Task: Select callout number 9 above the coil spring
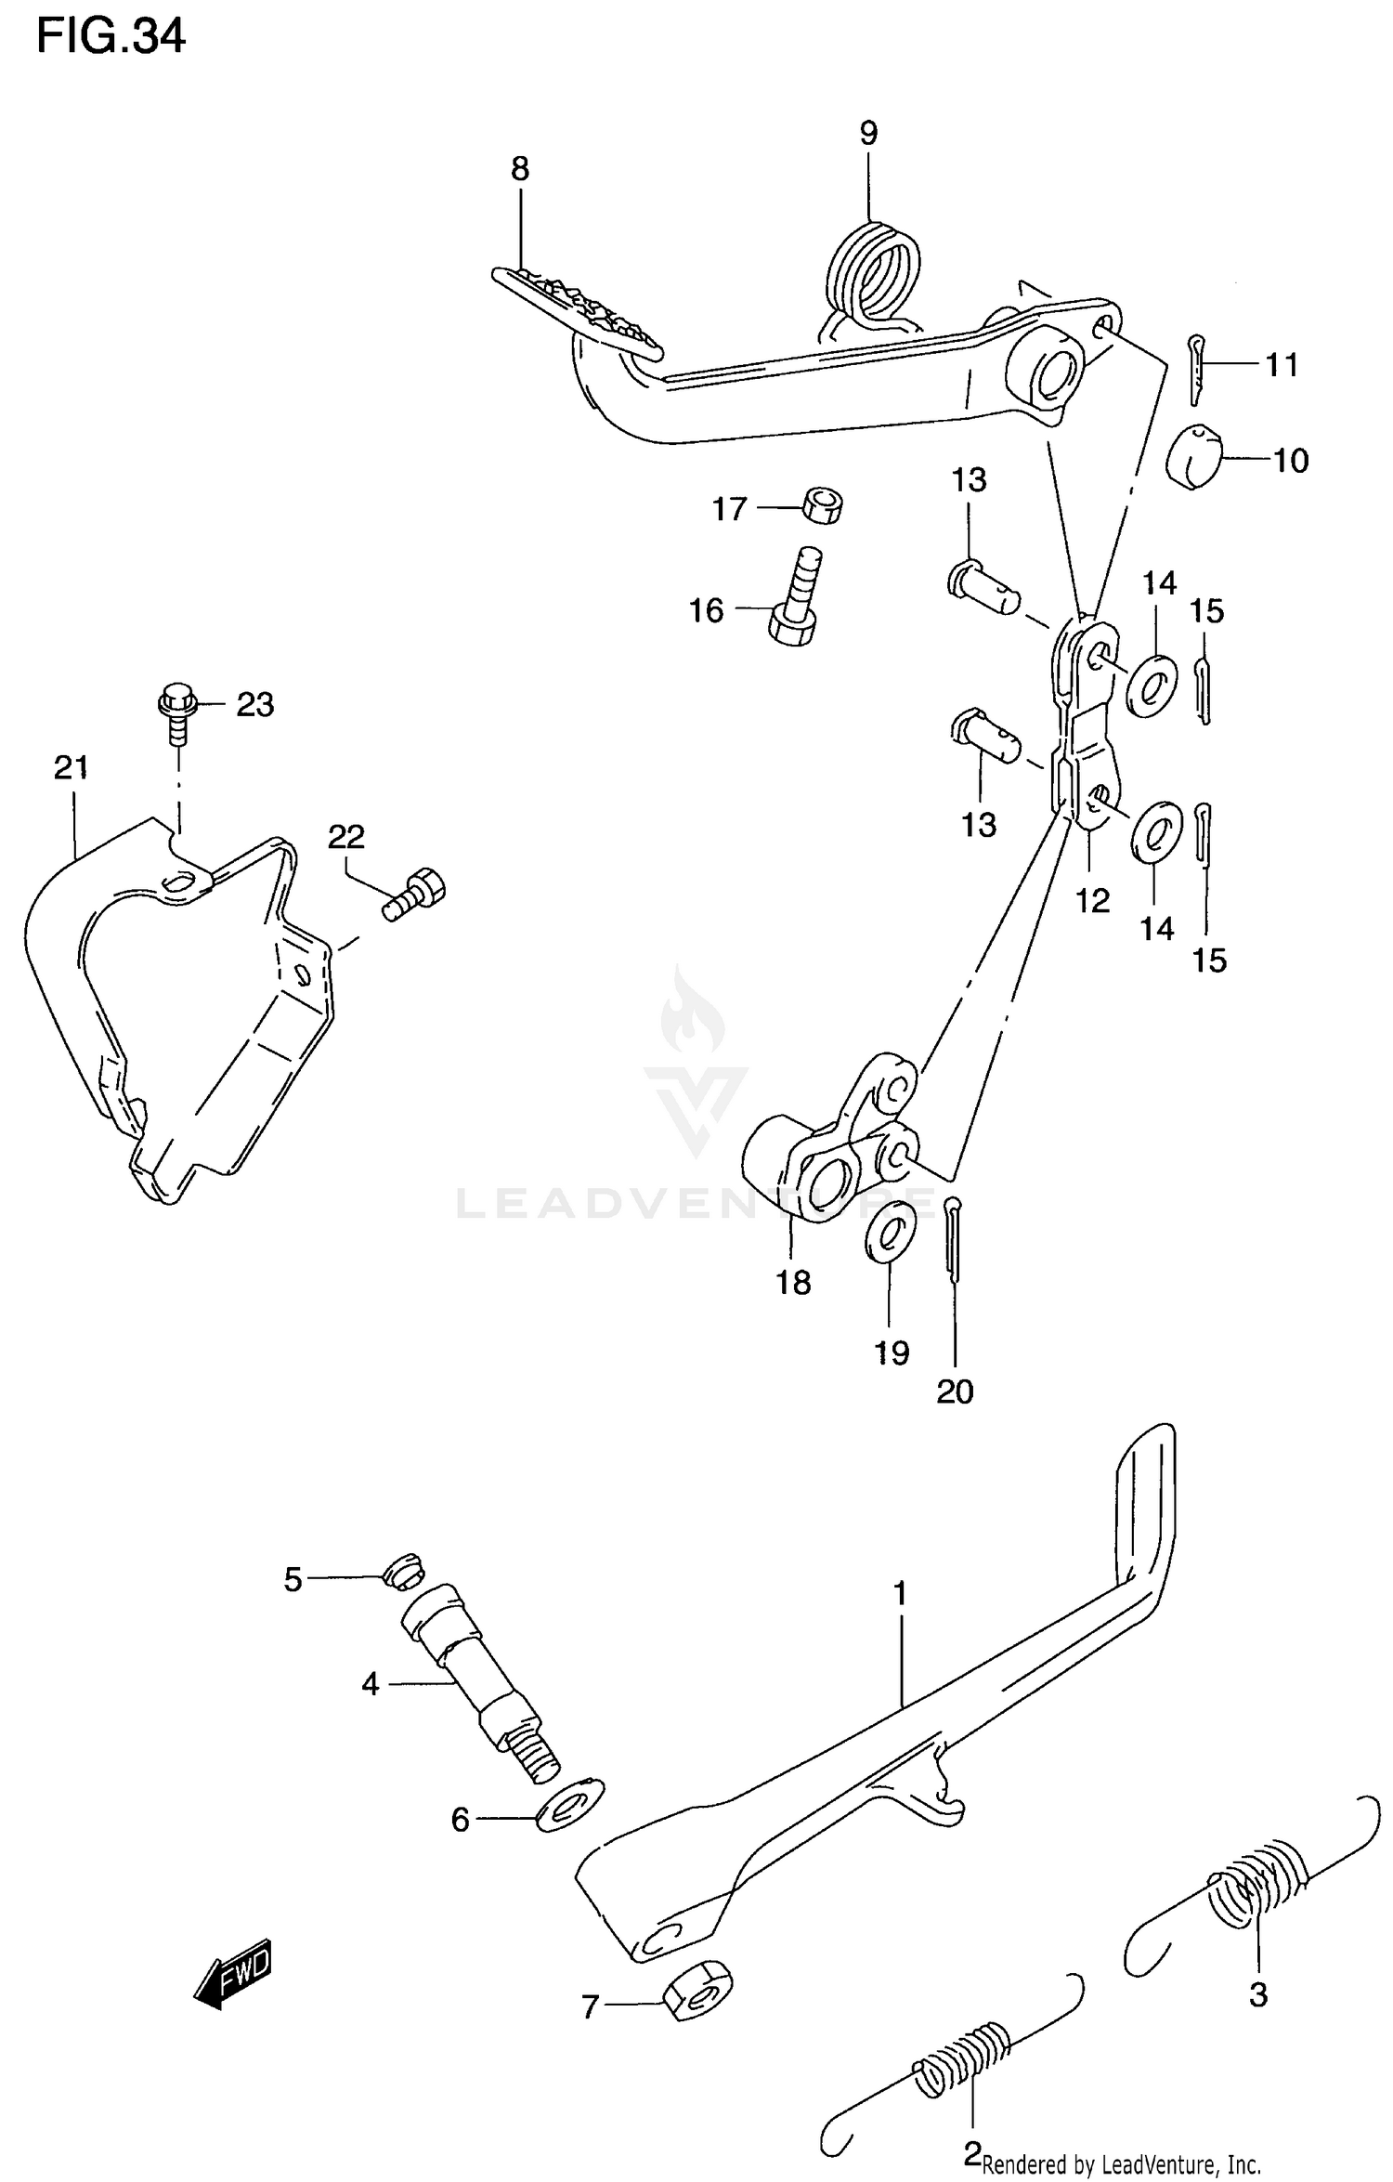[868, 134]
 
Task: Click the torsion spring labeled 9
[873, 277]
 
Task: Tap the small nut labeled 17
[822, 504]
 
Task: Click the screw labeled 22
[415, 895]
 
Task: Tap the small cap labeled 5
[402, 1570]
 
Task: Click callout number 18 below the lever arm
[794, 1283]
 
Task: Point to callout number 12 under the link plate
[1093, 899]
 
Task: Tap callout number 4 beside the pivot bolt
[371, 1683]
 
